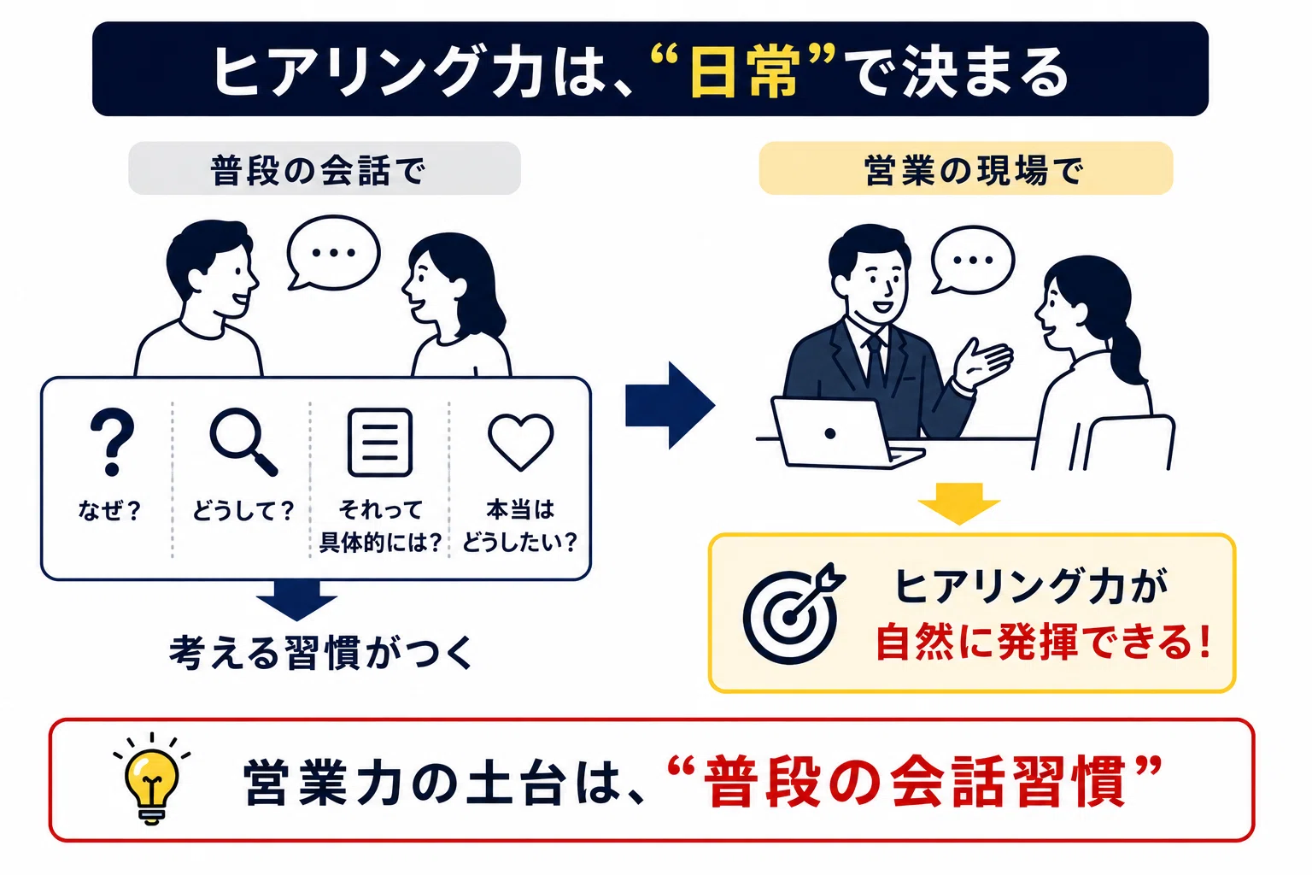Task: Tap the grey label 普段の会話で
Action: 325,168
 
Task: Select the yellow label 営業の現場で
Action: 966,168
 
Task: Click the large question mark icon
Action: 112,442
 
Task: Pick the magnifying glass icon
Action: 243,442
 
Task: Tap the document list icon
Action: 380,442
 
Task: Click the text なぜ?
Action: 109,510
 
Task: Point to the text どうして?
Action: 243,510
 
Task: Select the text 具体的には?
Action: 380,543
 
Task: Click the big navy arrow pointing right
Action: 670,406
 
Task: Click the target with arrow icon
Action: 794,614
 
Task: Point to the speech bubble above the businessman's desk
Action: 972,260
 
